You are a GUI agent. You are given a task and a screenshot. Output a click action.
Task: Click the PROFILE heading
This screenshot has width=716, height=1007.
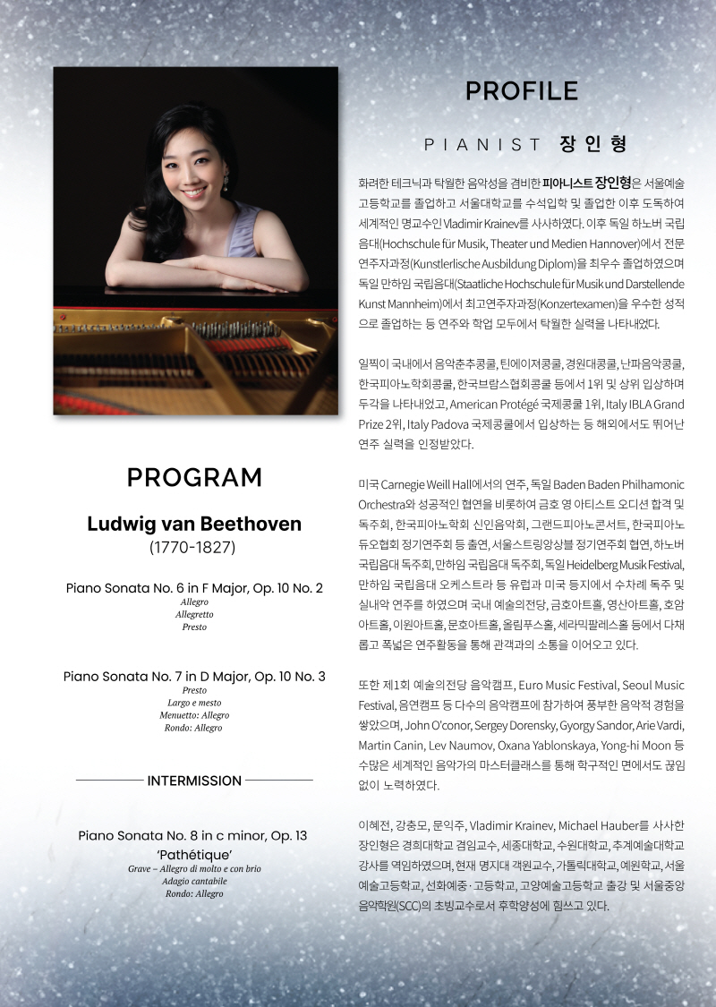pos(521,90)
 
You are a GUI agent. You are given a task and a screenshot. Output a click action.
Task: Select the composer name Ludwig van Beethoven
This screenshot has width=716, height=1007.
pos(194,524)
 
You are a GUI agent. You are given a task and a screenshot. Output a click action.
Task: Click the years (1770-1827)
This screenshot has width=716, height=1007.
pos(194,547)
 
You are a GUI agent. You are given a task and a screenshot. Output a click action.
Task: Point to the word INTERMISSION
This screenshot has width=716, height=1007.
pos(194,781)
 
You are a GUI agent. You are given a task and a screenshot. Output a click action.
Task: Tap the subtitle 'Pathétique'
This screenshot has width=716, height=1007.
pos(194,855)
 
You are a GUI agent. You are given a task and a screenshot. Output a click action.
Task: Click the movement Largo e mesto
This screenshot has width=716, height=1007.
pos(194,703)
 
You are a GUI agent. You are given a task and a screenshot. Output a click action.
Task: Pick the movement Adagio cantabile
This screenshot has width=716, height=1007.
pos(194,881)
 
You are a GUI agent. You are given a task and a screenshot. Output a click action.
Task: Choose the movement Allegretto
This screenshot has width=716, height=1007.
pos(194,614)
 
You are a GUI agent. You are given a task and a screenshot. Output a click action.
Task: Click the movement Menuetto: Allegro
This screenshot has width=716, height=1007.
pos(194,715)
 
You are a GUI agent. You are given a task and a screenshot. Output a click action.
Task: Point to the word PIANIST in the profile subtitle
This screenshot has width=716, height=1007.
pos(483,144)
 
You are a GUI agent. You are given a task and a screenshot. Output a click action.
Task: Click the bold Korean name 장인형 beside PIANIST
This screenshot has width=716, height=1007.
pos(592,143)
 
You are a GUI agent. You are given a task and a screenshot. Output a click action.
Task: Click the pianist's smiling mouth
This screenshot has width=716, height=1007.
pos(194,192)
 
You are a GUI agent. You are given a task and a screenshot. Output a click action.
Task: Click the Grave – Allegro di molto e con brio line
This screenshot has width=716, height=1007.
pos(194,868)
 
